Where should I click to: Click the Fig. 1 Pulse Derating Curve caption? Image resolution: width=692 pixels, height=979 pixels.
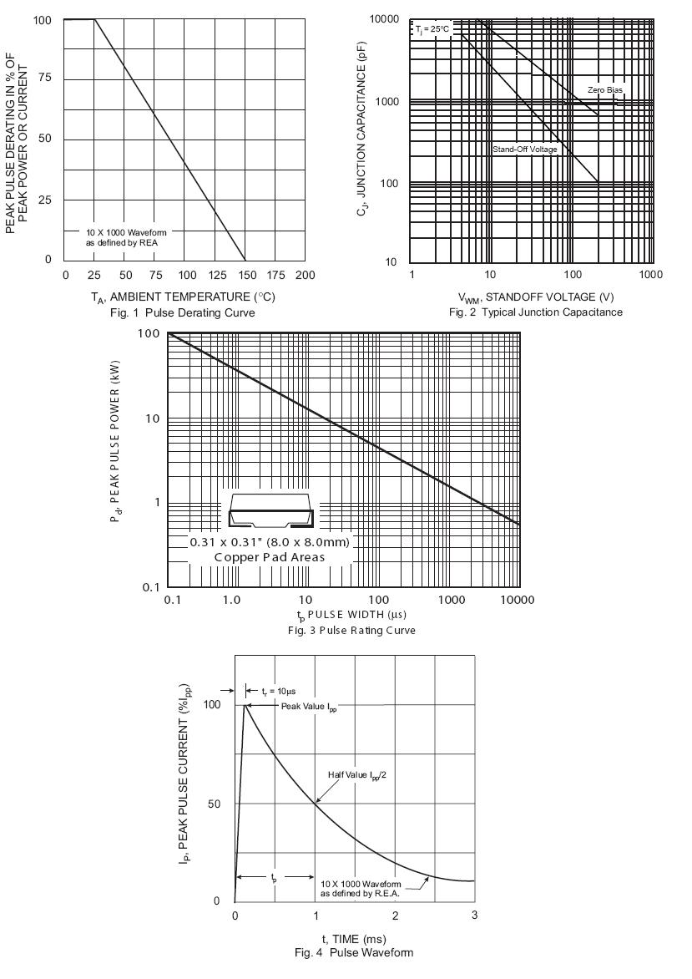point(182,312)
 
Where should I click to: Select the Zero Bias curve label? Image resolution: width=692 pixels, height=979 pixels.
point(604,89)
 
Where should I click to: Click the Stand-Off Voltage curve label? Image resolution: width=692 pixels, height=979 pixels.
point(524,150)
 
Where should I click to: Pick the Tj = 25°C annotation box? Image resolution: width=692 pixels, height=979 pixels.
point(432,29)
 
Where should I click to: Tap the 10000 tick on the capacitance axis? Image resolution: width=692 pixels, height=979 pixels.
point(384,19)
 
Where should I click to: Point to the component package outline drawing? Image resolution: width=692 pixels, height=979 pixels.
point(271,511)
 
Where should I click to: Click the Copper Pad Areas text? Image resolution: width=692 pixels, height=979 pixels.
point(269,557)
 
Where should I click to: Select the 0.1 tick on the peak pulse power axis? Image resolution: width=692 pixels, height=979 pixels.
point(149,587)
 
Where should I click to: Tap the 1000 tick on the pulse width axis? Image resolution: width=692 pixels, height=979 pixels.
point(452,601)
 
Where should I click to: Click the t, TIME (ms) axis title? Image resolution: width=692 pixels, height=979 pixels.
point(354,940)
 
